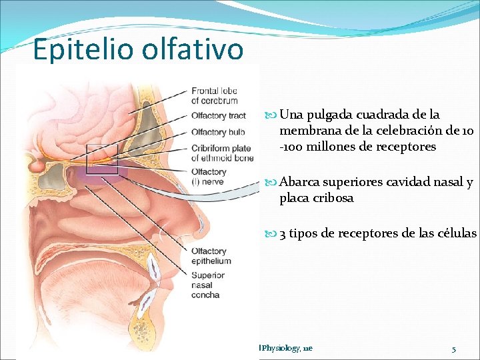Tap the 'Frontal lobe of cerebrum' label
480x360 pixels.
coord(214,95)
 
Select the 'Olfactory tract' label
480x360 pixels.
coord(219,116)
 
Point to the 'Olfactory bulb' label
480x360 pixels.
coord(217,132)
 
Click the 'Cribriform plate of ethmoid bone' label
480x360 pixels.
coord(221,153)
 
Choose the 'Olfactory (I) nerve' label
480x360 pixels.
coord(209,176)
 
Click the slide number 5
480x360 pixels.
coord(453,349)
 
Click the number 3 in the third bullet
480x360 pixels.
coord(283,233)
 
